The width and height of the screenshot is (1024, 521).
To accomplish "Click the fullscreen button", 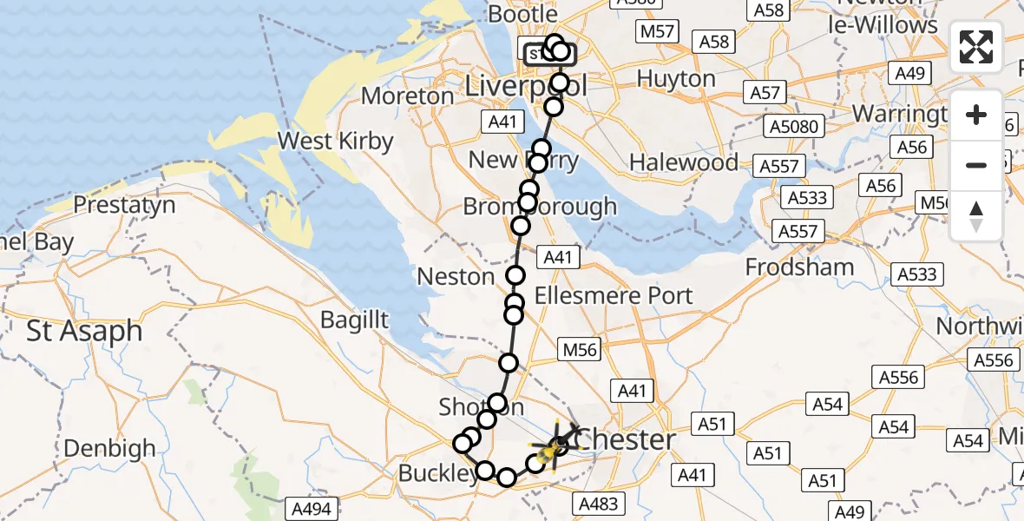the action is pos(976,47).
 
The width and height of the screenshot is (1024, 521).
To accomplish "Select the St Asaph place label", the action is pos(84,331).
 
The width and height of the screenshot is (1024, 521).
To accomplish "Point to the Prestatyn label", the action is pos(125,206).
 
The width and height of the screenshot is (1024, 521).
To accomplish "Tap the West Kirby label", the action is pos(335,141).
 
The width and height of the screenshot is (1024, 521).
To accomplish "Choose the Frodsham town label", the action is pos(800,267).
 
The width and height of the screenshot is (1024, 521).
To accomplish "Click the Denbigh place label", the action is pos(110,448).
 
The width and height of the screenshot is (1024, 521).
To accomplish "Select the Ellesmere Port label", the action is pos(614,295).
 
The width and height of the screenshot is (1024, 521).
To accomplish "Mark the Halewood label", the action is pos(684,162).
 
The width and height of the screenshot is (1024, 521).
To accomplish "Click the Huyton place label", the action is pos(676,79).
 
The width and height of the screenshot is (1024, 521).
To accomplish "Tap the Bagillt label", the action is pos(355,319).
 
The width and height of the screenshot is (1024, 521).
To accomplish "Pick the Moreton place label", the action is pos(408,96).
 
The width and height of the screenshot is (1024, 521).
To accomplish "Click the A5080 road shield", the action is pos(794,127).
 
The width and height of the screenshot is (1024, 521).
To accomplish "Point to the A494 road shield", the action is pos(312,509).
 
